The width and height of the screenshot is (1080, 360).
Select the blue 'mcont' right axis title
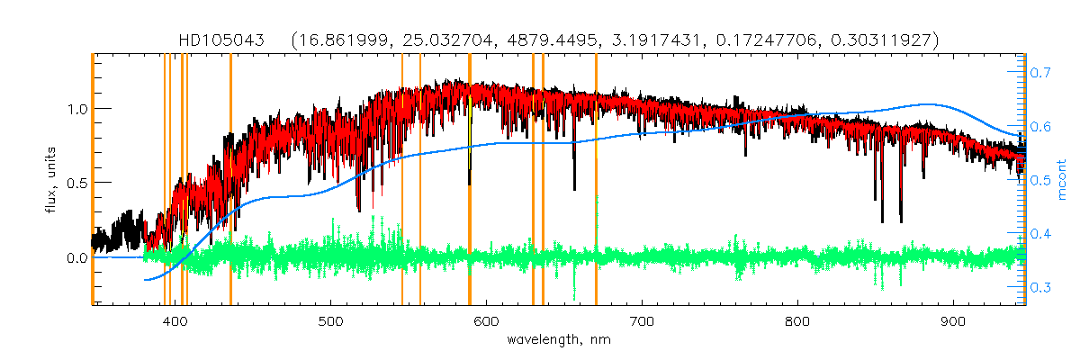pos(1062,180)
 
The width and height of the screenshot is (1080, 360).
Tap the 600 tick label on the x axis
pos(486,321)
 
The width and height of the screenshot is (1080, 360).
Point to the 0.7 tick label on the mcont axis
pos(1041,72)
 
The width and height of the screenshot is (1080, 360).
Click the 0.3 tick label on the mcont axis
pos(1041,287)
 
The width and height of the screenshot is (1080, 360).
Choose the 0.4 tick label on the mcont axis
pos(1041,234)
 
